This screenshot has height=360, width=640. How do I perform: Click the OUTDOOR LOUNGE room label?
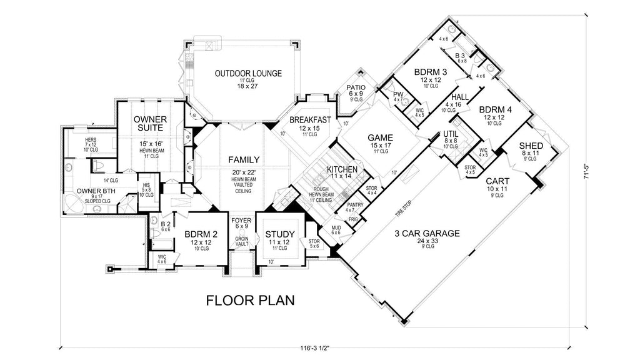click(x=248, y=73)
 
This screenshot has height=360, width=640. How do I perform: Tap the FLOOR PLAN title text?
click(x=251, y=301)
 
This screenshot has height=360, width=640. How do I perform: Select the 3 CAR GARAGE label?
click(x=427, y=234)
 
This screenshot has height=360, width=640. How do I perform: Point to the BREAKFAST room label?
click(x=310, y=119)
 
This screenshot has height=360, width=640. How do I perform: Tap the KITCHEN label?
click(x=342, y=169)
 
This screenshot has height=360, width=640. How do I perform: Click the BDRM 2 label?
click(x=200, y=235)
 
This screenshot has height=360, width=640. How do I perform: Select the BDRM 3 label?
click(x=431, y=71)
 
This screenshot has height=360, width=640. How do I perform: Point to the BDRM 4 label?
click(x=496, y=109)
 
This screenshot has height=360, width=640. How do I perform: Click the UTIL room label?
click(x=451, y=134)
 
